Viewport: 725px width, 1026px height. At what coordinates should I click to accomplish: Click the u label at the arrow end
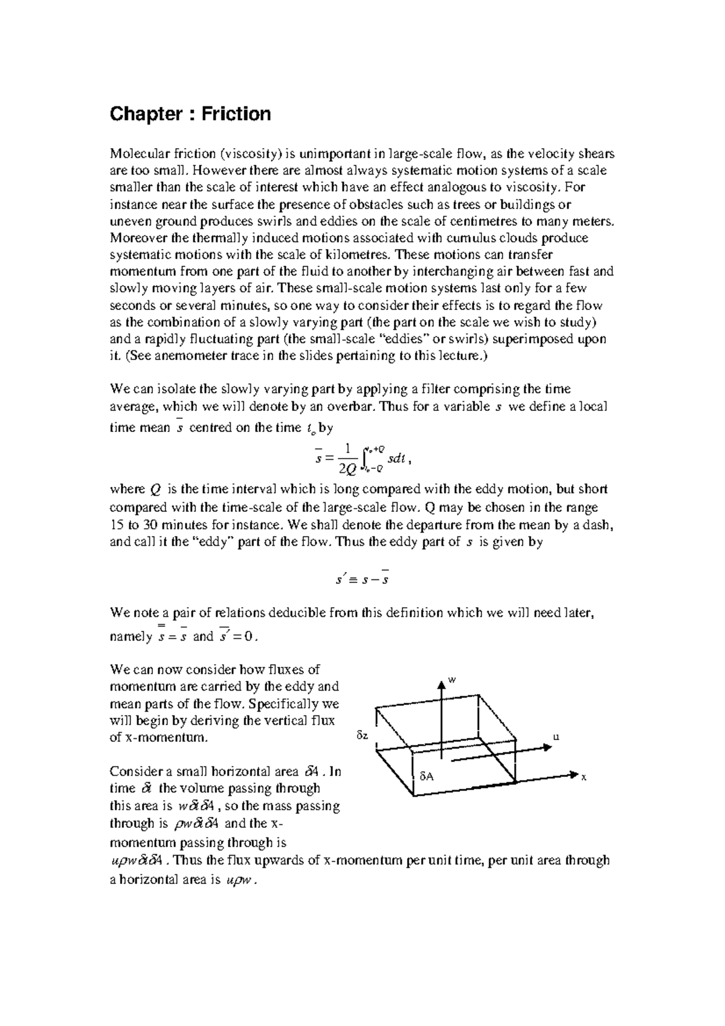(556, 737)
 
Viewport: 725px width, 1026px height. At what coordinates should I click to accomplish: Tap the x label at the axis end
(584, 778)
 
